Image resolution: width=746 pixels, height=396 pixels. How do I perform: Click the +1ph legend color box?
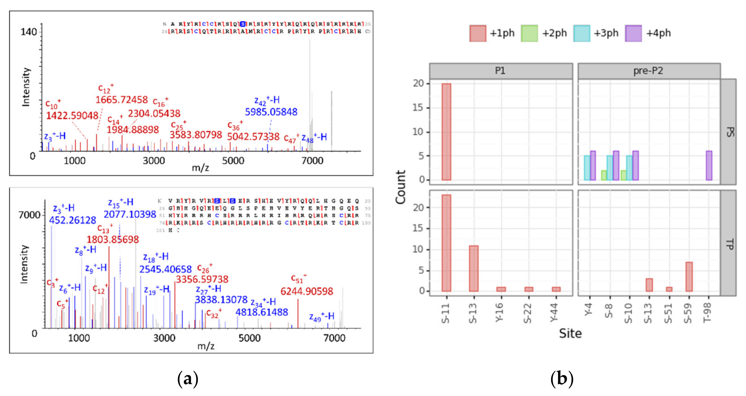point(477,33)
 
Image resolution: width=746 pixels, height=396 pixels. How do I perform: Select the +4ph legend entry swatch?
point(633,33)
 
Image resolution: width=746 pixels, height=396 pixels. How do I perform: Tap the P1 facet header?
point(501,71)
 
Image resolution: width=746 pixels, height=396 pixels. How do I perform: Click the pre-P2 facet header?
point(648,71)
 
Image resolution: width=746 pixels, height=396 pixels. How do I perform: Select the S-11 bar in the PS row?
point(446,132)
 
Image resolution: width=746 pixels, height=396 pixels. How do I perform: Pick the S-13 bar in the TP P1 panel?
point(474,268)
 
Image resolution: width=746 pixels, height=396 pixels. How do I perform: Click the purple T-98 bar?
point(709,165)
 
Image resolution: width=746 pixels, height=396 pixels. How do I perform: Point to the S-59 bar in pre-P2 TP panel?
point(689,277)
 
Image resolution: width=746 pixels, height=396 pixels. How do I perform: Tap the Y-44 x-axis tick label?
point(554,313)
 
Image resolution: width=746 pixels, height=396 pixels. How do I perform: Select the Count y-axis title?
point(400,187)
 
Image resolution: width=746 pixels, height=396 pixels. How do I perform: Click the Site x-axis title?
point(570,333)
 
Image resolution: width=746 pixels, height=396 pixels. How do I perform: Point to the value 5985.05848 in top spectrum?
point(271,112)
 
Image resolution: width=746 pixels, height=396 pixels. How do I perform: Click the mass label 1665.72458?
point(122,100)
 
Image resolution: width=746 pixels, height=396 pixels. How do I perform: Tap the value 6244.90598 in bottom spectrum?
point(307,291)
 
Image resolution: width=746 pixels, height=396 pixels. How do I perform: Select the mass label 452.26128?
point(72,220)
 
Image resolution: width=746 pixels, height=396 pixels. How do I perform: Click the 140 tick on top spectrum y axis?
point(28,32)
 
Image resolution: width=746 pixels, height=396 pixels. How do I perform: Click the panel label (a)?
point(188,379)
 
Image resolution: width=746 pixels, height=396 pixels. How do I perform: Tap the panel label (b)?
point(562,379)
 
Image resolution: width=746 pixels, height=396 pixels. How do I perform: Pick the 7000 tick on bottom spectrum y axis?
point(29,215)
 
